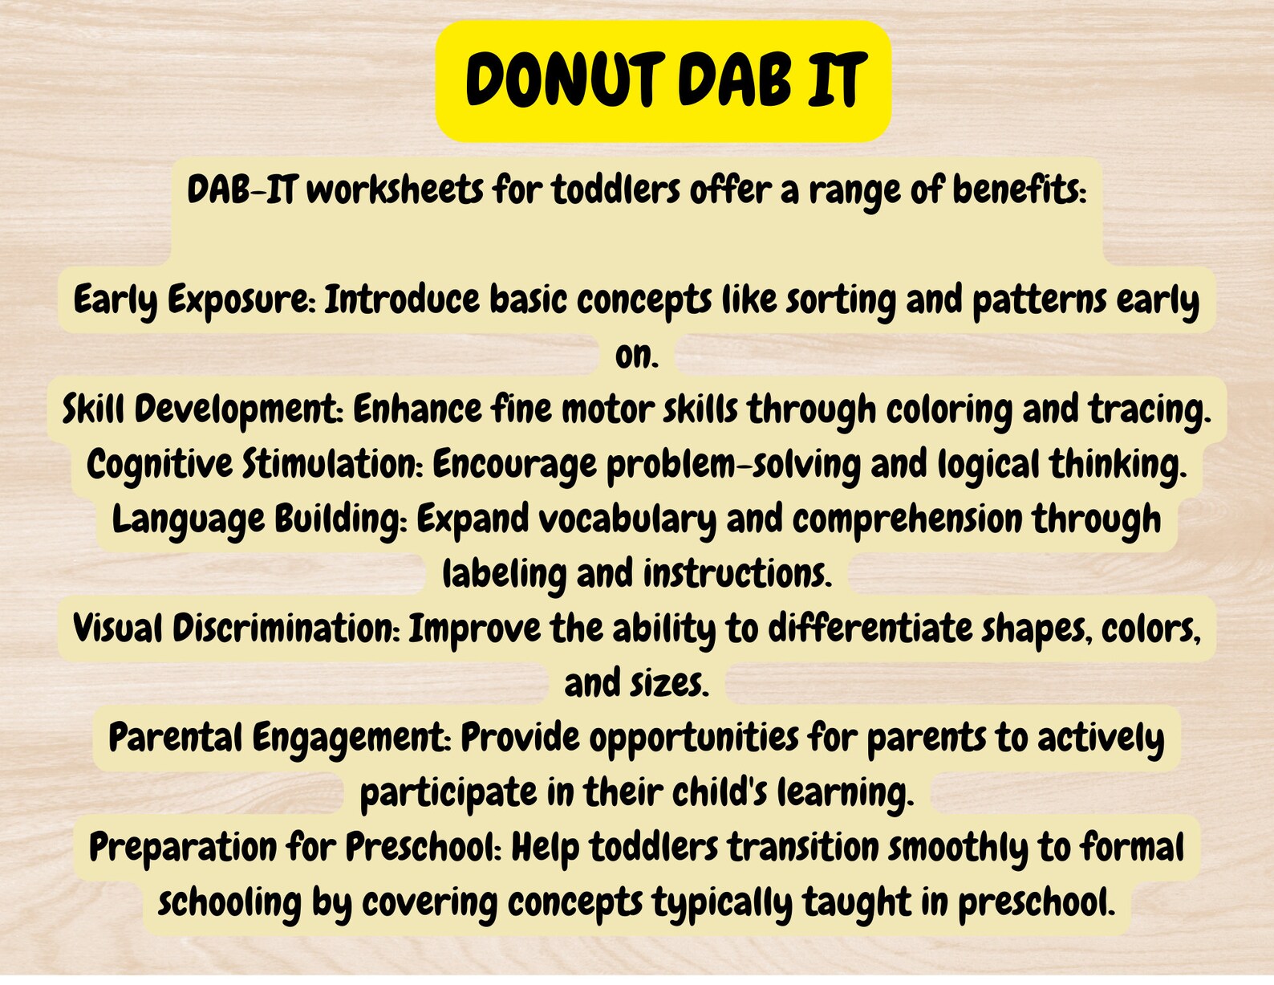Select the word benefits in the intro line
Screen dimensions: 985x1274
[x=1019, y=191]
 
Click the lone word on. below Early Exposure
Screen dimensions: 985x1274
[x=637, y=356]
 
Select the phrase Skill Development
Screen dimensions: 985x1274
[x=202, y=409]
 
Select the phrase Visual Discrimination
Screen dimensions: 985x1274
[x=236, y=629]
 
